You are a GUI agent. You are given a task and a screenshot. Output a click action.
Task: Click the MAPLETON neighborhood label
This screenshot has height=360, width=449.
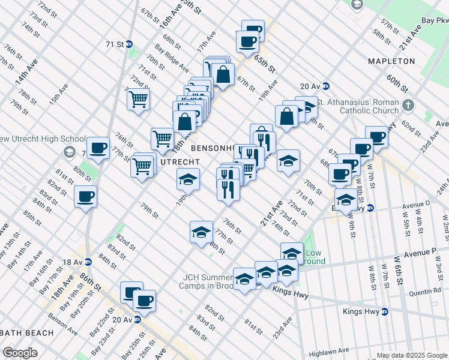[x=391, y=61]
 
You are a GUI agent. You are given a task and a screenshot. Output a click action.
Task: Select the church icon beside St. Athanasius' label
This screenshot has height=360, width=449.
[x=409, y=106]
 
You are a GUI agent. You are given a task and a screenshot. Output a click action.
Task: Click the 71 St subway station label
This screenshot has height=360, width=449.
[x=114, y=44]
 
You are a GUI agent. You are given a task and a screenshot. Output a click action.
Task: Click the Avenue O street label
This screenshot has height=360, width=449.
[x=415, y=203]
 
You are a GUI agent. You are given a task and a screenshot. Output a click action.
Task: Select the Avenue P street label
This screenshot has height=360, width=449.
[x=428, y=253]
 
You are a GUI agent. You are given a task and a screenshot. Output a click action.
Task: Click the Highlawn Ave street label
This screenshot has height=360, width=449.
[x=330, y=350]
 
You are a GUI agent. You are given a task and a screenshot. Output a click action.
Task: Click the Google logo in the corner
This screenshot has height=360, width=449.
[x=20, y=352]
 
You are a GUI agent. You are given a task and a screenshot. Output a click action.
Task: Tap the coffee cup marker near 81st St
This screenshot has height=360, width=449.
[x=85, y=196]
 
